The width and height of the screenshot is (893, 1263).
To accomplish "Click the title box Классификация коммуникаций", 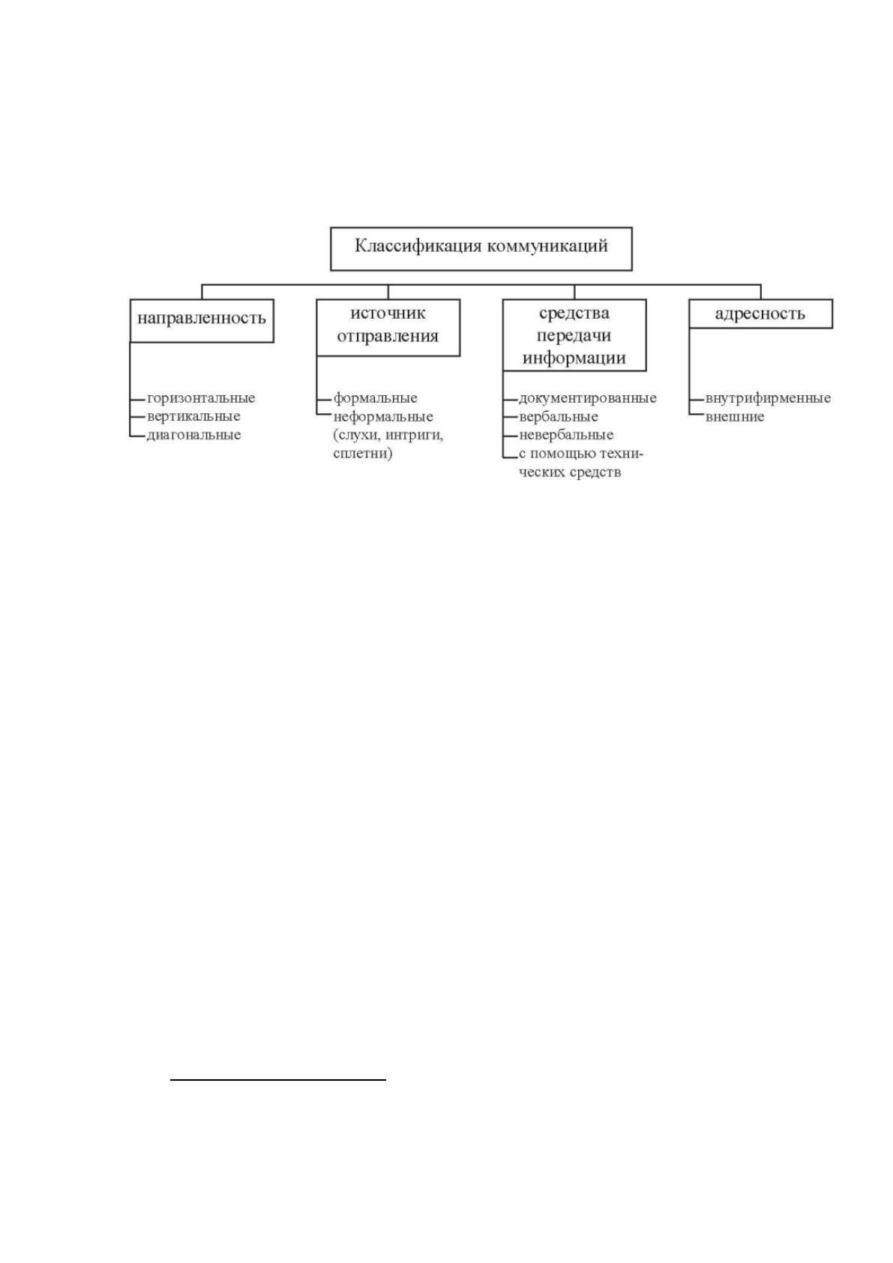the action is (x=481, y=249).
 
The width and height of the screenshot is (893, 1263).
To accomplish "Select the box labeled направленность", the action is (x=202, y=320).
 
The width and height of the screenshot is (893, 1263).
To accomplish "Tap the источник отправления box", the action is (x=388, y=327).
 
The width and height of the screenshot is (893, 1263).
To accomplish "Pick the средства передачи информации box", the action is (x=574, y=335).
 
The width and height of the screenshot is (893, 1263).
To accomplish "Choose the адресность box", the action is (x=760, y=313).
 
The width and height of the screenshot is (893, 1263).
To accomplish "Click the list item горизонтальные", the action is (x=201, y=398).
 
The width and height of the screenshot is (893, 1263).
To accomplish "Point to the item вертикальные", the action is (x=193, y=417).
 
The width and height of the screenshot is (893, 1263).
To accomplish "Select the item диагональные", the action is (x=194, y=435).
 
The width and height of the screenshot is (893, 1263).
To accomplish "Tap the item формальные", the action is (x=375, y=398).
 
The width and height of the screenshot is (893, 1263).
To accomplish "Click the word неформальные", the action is (x=383, y=417).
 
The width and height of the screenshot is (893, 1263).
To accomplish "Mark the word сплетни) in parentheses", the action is (x=362, y=454).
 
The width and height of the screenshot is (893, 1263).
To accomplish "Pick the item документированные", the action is (x=587, y=398).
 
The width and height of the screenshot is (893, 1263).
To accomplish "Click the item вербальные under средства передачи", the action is (x=558, y=417).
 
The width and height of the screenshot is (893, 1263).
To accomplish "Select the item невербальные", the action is (x=566, y=435).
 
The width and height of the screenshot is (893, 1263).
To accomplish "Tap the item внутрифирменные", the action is (x=768, y=398).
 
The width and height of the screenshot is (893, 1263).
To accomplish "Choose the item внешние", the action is (x=735, y=417).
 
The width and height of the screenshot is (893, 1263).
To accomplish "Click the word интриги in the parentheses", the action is (x=414, y=436).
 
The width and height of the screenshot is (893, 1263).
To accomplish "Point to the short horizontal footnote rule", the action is (x=278, y=1079).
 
